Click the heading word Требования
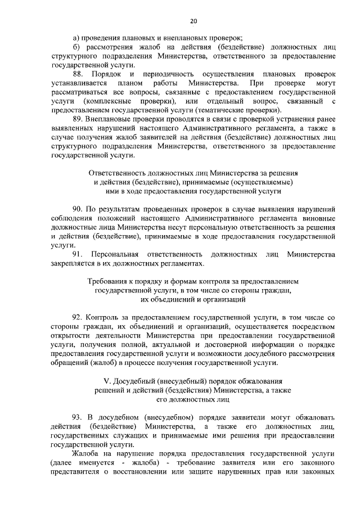pyautogui.click(x=112, y=281)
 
